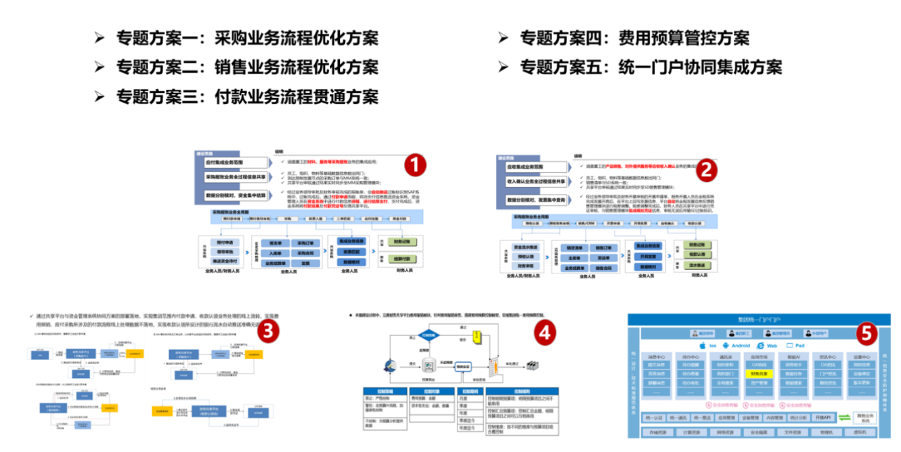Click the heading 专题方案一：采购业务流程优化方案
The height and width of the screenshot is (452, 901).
point(246,38)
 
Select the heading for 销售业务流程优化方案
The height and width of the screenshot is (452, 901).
point(246,67)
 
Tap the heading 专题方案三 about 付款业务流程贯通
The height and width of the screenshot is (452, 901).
point(246,96)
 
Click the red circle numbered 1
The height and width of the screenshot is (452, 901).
point(415,165)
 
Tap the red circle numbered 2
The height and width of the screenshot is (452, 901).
point(706,169)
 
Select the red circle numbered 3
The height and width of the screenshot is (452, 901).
point(267,330)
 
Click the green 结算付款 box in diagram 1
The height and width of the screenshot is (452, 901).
point(402,259)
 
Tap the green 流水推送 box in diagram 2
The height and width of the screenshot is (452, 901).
point(695,266)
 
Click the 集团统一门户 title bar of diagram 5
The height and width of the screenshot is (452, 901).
point(755,320)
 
